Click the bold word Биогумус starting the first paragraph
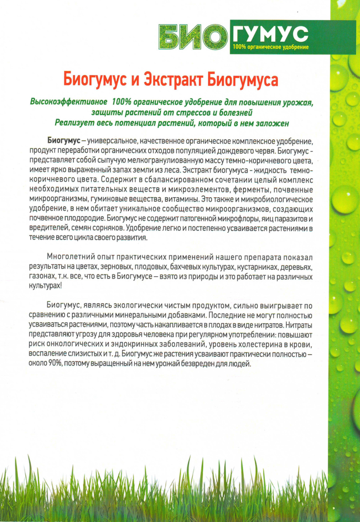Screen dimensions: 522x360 (63, 140)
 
